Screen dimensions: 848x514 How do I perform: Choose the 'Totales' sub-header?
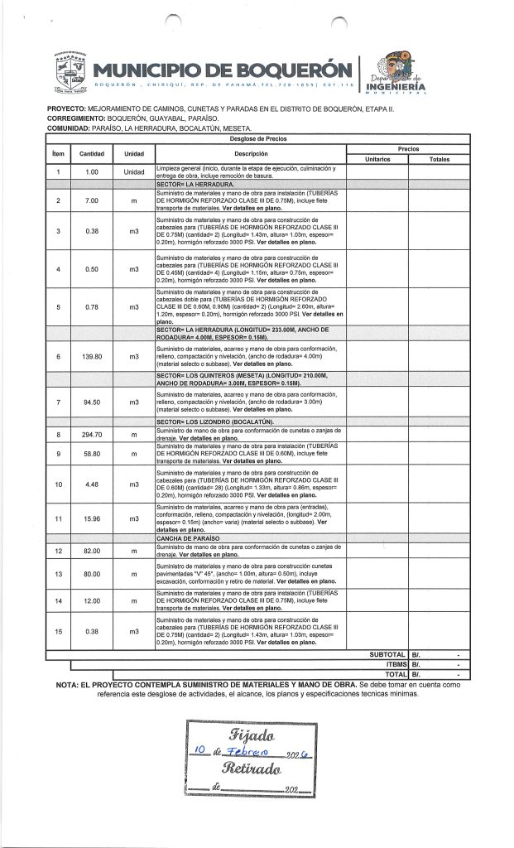pos(438,158)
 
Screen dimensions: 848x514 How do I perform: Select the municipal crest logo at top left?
pos(67,76)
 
